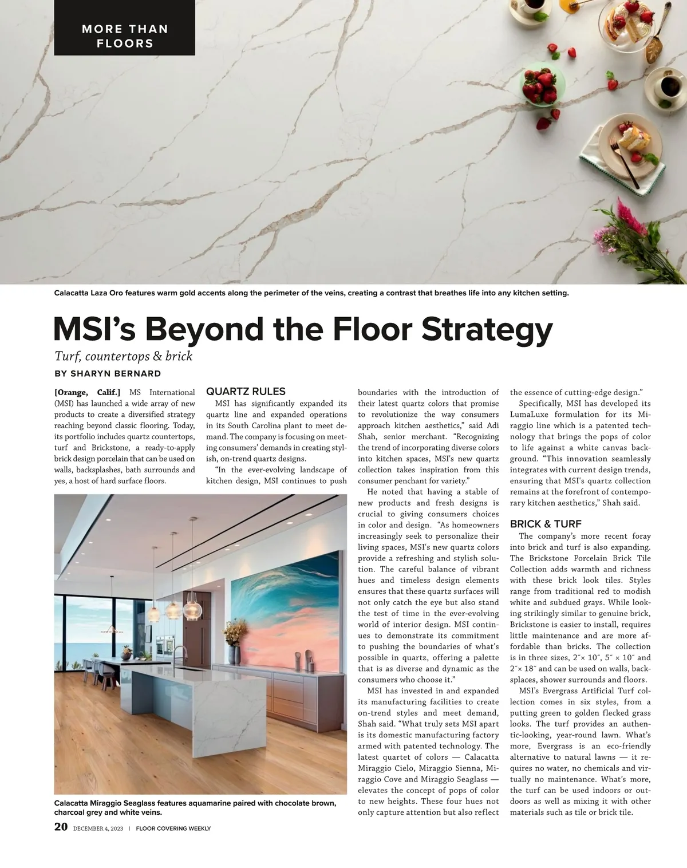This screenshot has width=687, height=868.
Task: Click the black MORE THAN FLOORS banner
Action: pos(125,36)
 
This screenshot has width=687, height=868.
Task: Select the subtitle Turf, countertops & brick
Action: pos(123,356)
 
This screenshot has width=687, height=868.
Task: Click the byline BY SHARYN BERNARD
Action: pos(108,374)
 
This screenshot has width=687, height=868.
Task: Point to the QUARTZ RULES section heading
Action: pos(246,392)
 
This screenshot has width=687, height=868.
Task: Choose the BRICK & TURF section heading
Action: pos(546,524)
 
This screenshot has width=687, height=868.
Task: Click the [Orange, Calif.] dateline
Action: pos(87,393)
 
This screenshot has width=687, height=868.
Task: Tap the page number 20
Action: pos(61,827)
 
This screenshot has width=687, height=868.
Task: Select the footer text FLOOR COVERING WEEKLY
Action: pos(173,828)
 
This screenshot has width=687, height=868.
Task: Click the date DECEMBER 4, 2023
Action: pos(98,828)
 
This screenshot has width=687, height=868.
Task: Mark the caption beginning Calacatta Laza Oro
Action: pos(311,294)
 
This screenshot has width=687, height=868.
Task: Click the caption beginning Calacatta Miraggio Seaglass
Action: pos(195,807)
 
